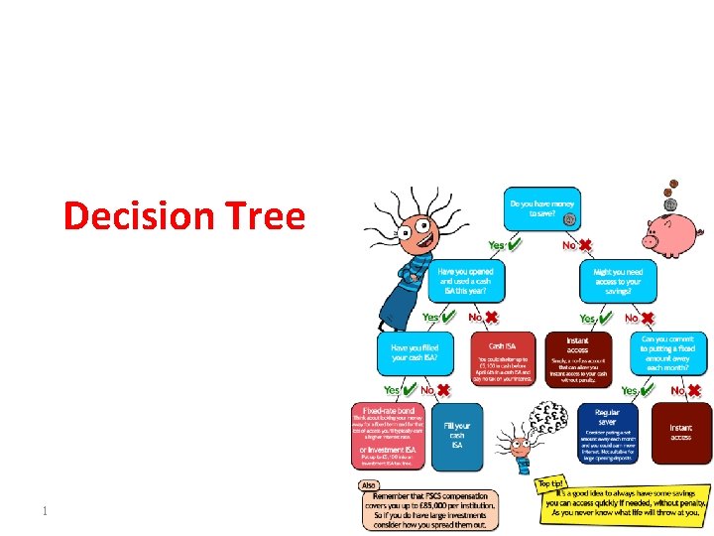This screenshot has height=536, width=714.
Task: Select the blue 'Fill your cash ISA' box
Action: (457, 436)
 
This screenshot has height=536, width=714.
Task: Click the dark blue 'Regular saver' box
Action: (607, 430)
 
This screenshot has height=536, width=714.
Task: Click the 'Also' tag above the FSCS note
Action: (369, 485)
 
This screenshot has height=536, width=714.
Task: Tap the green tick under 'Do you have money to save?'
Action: (512, 243)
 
